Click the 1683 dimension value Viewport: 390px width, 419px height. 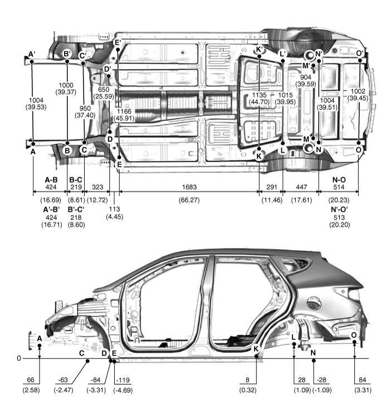tap(189, 187)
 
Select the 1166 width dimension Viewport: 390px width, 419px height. tap(124, 111)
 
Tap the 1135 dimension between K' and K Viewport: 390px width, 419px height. tap(259, 95)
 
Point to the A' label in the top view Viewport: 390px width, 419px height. tap(32, 54)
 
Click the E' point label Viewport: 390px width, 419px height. tap(118, 42)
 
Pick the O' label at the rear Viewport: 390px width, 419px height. tap(360, 53)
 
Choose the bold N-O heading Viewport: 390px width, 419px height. tap(339, 180)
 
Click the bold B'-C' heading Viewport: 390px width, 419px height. tap(76, 209)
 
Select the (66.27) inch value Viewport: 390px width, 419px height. tap(189, 200)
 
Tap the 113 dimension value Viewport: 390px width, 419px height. tap(114, 209)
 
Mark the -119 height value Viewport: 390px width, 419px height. tap(123, 380)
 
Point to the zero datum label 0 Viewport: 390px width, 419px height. tap(19, 358)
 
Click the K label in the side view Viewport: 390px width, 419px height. tap(256, 348)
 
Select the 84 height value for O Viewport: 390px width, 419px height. tap(363, 380)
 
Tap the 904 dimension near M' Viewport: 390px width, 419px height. tap(305, 77)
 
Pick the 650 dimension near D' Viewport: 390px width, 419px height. tap(104, 90)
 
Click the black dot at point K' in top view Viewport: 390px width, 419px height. tap(259, 56)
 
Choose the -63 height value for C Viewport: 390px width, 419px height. tap(63, 380)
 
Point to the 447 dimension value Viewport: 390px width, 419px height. tap(301, 187)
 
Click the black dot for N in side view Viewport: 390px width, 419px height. tap(314, 360)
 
